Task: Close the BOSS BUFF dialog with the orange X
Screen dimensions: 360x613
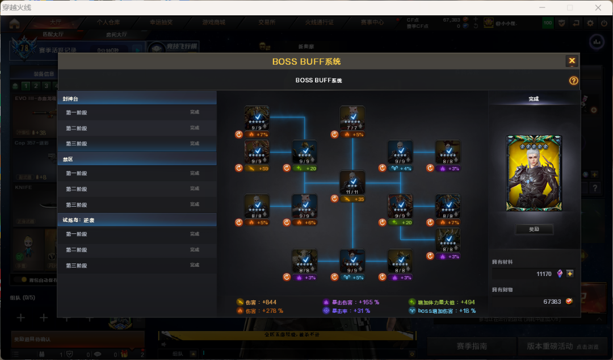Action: click(572, 61)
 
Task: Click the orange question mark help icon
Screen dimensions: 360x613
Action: click(573, 81)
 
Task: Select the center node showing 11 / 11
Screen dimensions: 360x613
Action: click(352, 182)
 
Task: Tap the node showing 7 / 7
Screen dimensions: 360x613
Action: click(352, 118)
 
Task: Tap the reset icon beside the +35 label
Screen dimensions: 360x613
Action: click(334, 199)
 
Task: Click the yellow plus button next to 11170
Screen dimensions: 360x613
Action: click(570, 274)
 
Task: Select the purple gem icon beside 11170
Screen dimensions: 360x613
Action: click(560, 274)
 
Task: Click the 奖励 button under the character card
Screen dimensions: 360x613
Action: click(534, 229)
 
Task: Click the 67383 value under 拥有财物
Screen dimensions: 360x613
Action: click(552, 302)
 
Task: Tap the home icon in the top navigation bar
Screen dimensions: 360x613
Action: click(14, 23)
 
